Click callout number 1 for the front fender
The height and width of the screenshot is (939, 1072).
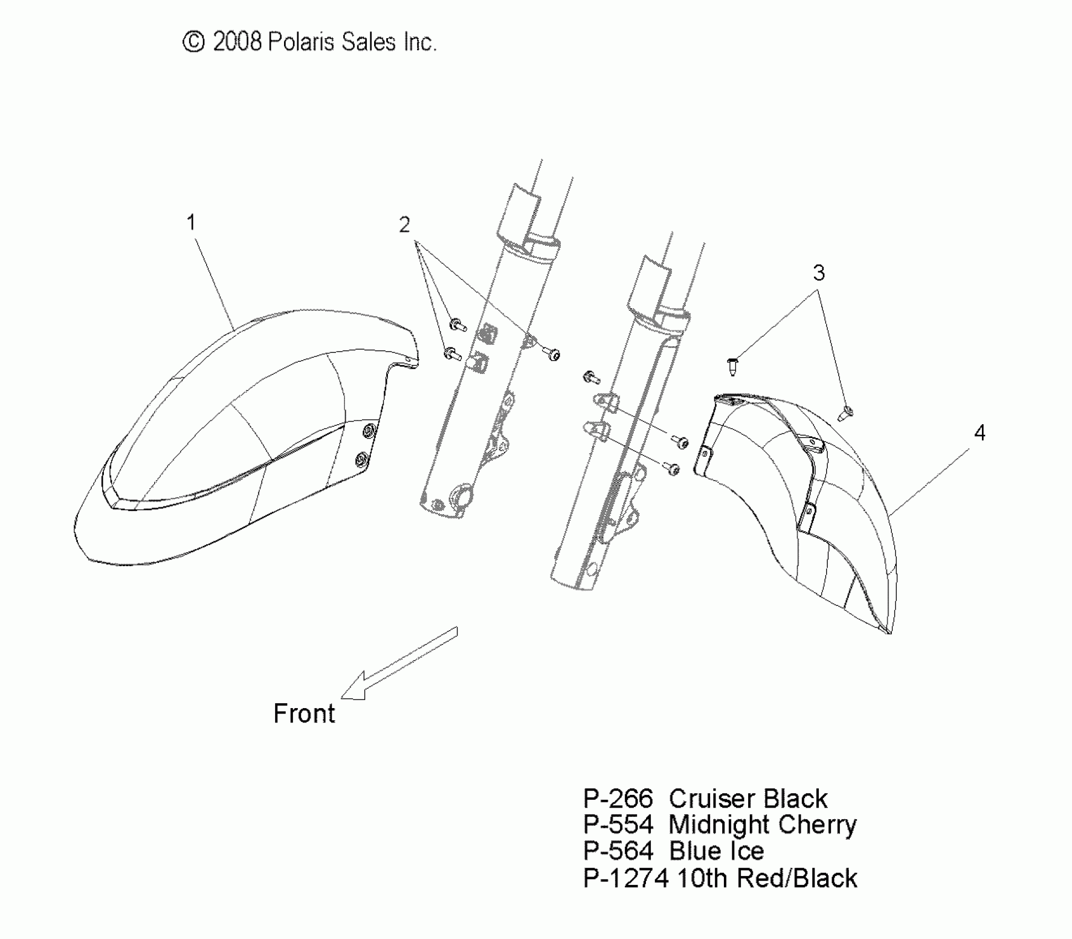pos(191,223)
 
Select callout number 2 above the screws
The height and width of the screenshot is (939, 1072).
pos(404,225)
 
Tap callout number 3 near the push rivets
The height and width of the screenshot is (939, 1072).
pos(818,273)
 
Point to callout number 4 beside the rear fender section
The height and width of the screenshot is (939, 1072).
pos(979,433)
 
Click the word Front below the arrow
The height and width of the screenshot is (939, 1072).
pos(304,714)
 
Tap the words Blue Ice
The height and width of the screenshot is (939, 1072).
pos(716,851)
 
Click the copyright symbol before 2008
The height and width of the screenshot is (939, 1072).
pos(193,42)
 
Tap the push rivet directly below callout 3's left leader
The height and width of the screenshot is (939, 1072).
pos(733,366)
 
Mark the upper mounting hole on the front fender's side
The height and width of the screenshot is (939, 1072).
pos(369,430)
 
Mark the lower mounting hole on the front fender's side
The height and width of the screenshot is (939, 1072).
pos(362,458)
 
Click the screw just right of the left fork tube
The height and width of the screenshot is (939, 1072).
pos(553,354)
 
